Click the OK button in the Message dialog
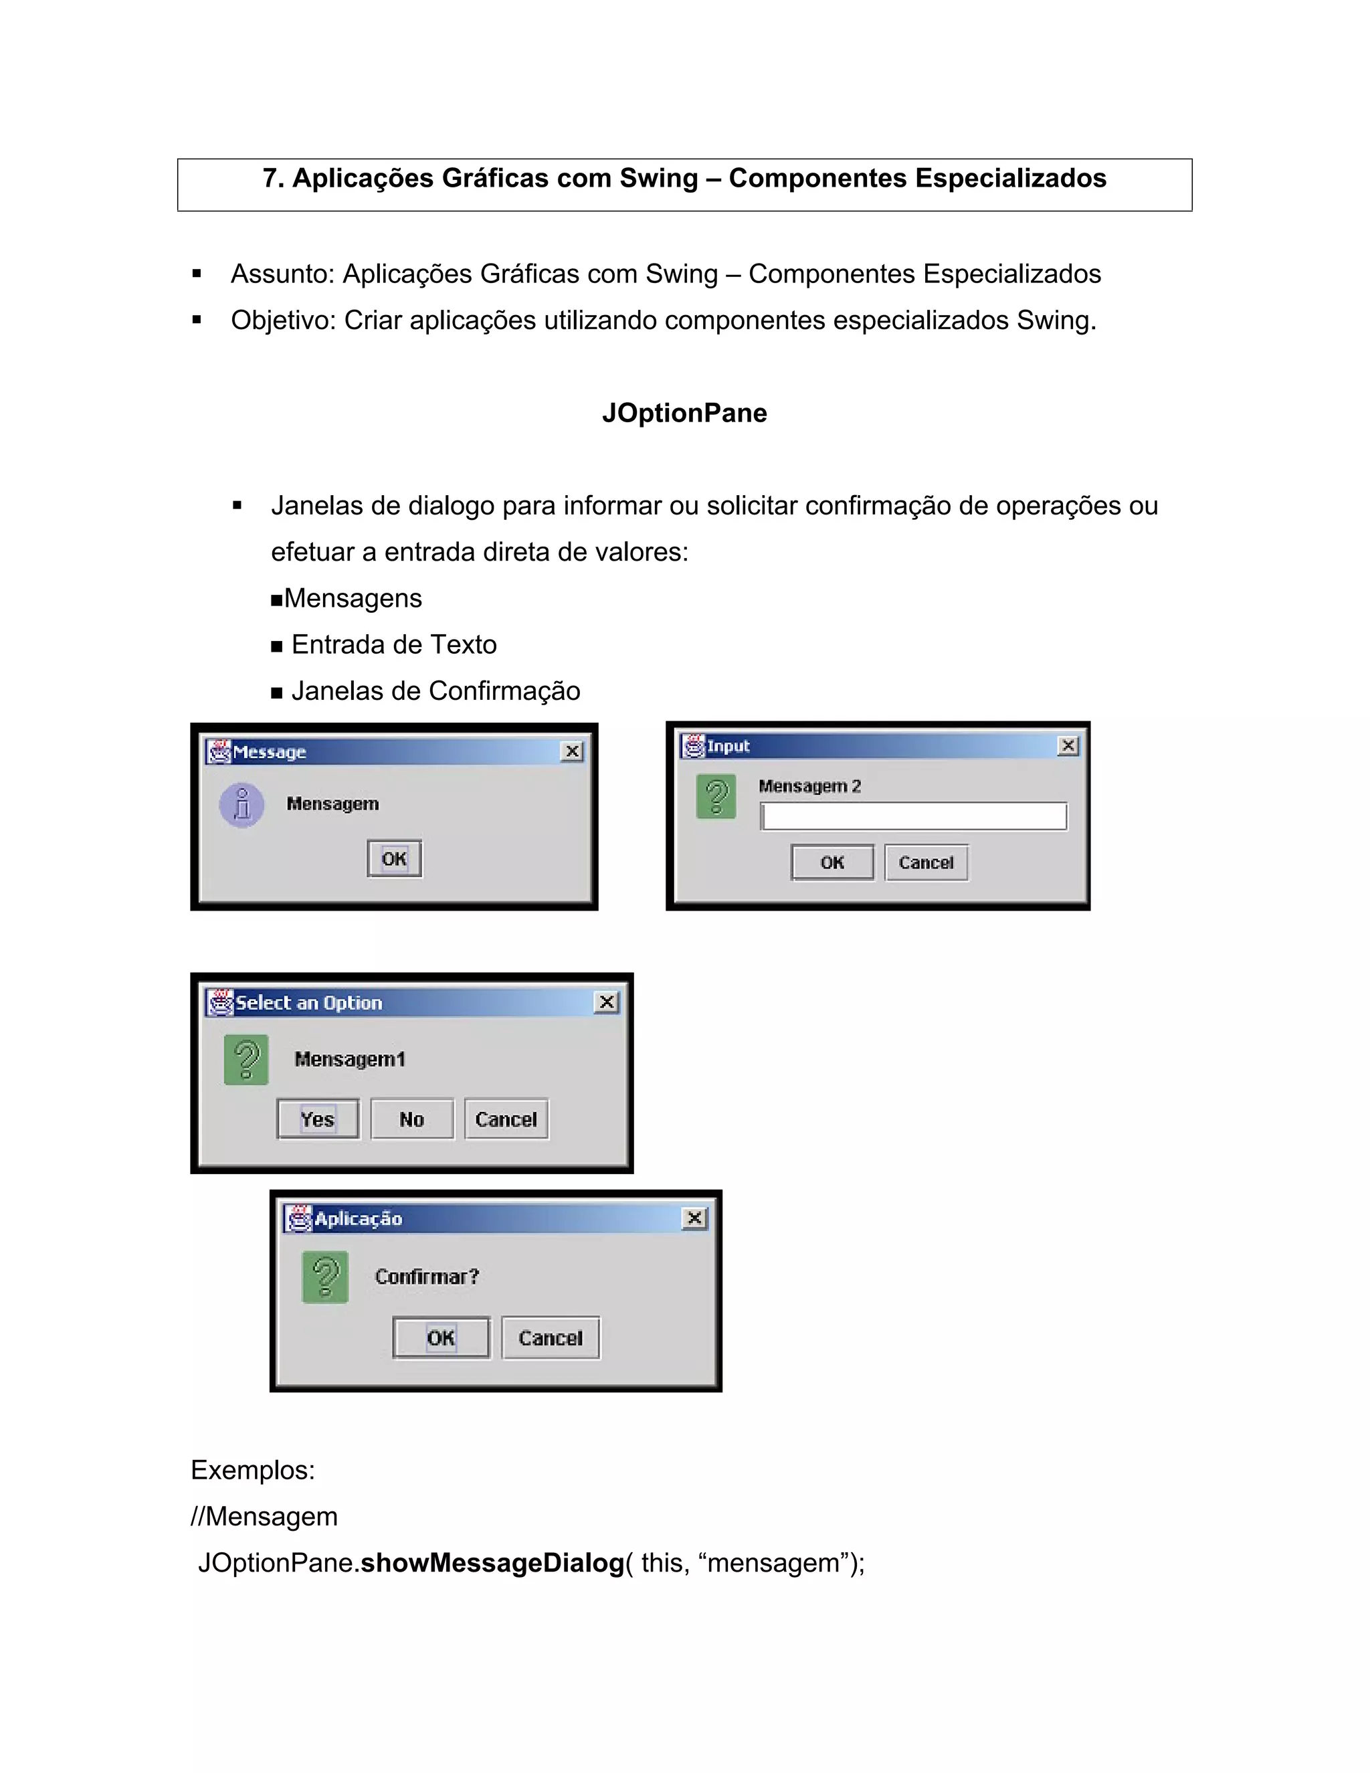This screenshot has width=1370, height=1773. pyautogui.click(x=395, y=859)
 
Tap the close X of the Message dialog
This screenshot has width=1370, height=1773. pyautogui.click(x=572, y=752)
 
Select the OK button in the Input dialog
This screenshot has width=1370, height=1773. pyautogui.click(x=833, y=862)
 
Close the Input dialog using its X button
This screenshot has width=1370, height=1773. pyautogui.click(x=1068, y=745)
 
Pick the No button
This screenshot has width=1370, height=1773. pyautogui.click(x=412, y=1119)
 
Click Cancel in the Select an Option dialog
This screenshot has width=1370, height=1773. pyautogui.click(x=506, y=1119)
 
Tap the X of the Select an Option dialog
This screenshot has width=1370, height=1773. pyautogui.click(x=606, y=1003)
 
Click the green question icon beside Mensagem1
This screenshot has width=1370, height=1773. pyautogui.click(x=247, y=1059)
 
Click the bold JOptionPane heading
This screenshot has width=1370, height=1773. pyautogui.click(x=684, y=413)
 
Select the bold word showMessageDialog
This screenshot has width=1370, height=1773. pyautogui.click(x=492, y=1563)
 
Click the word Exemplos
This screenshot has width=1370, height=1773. pyautogui.click(x=252, y=1470)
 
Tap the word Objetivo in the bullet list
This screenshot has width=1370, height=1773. pyautogui.click(x=282, y=320)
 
